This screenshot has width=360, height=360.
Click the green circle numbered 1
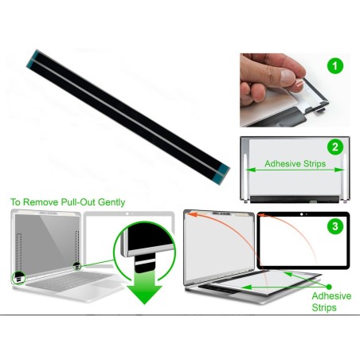[335, 66]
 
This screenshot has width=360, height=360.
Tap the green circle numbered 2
[335, 147]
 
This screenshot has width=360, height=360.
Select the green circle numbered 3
[335, 226]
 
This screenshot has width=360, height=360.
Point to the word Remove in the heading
[41, 202]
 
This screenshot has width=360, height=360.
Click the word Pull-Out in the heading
[78, 202]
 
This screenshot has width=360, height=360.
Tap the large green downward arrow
[144, 288]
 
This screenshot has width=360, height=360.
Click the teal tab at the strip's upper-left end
[32, 58]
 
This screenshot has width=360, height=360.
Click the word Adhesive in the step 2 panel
[283, 163]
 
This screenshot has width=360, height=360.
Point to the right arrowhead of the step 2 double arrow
[339, 170]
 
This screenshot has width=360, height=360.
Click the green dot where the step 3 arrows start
[329, 287]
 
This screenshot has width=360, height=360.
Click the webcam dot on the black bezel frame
[301, 214]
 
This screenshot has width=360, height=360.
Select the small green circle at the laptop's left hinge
[18, 278]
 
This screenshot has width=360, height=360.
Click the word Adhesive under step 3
[331, 296]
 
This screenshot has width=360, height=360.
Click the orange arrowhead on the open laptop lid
[193, 213]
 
